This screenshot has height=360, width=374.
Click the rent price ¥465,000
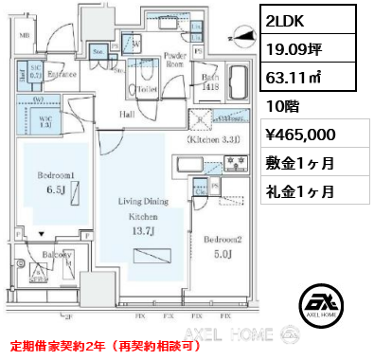300,135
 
